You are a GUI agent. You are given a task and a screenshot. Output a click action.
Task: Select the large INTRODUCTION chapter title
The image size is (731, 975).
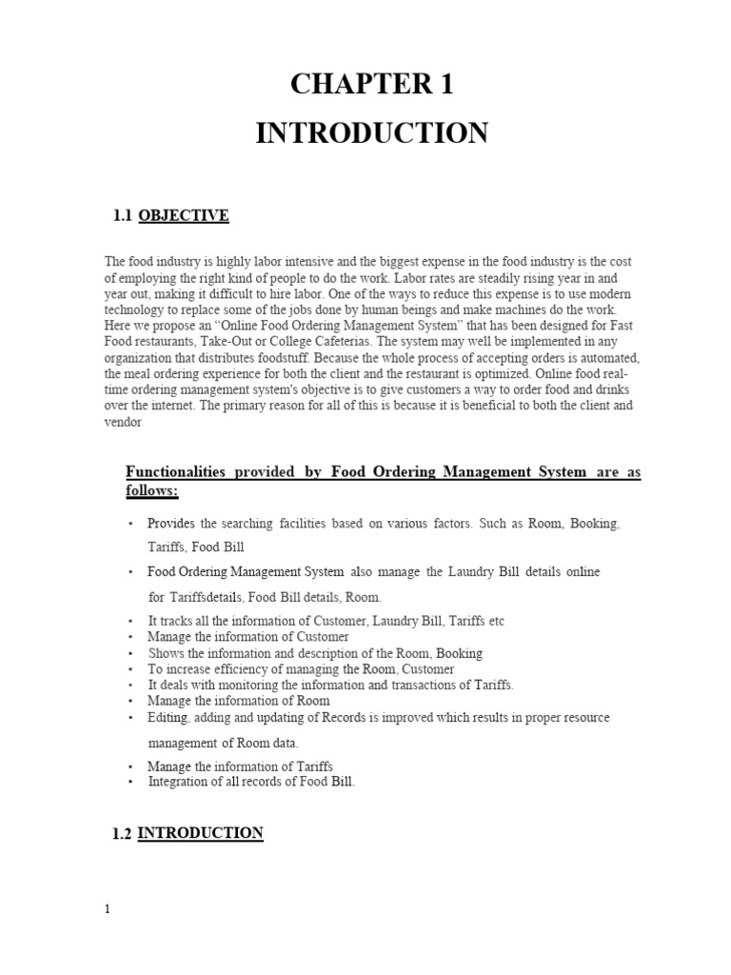tap(371, 132)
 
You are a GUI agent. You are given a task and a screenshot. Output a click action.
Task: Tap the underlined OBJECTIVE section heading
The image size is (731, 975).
tap(184, 216)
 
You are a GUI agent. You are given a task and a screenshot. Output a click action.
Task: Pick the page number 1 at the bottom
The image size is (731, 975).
tap(108, 909)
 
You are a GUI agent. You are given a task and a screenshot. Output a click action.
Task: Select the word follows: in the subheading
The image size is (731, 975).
tap(152, 491)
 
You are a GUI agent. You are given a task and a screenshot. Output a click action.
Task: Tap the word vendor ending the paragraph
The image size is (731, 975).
tap(123, 424)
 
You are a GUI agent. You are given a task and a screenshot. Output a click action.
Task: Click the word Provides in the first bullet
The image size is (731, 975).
tap(168, 524)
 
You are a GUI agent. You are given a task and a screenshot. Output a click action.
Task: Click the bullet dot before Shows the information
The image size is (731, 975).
tap(130, 654)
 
